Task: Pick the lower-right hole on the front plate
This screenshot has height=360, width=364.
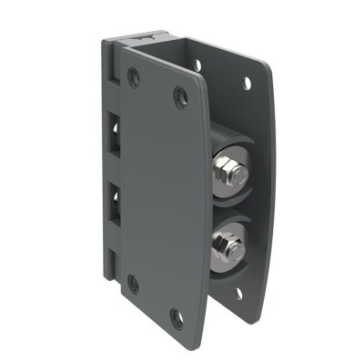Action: tap(178, 317)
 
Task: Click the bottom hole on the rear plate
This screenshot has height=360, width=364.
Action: tap(238, 293)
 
